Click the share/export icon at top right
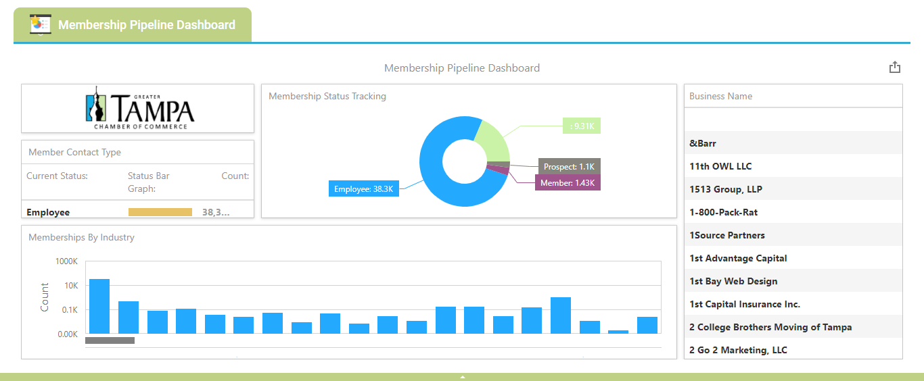click(894, 67)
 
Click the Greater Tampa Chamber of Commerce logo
click(139, 108)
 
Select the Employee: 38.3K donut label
click(363, 189)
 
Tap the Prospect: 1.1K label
click(569, 166)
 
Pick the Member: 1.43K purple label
click(568, 183)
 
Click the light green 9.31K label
click(582, 126)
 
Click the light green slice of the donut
click(493, 138)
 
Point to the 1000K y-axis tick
click(67, 261)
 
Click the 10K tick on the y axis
click(70, 286)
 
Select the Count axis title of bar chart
click(45, 297)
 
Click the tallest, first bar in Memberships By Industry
click(99, 306)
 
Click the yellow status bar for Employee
click(160, 212)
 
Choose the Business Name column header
click(720, 96)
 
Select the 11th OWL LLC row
click(720, 166)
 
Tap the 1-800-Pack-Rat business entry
click(723, 212)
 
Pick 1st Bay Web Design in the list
click(733, 281)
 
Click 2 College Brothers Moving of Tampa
click(770, 327)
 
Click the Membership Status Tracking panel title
click(327, 96)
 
